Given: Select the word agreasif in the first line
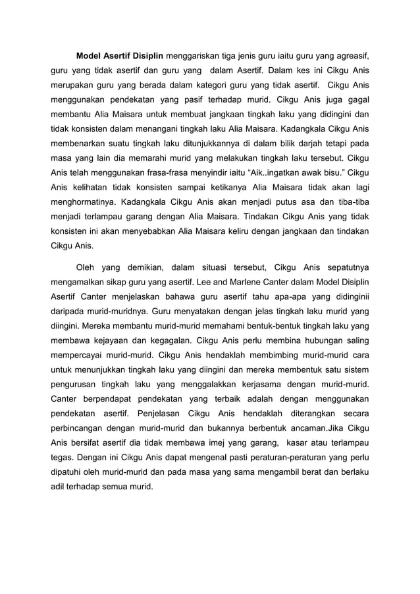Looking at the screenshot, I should (349, 53).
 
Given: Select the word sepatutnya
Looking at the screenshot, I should (344, 267).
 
